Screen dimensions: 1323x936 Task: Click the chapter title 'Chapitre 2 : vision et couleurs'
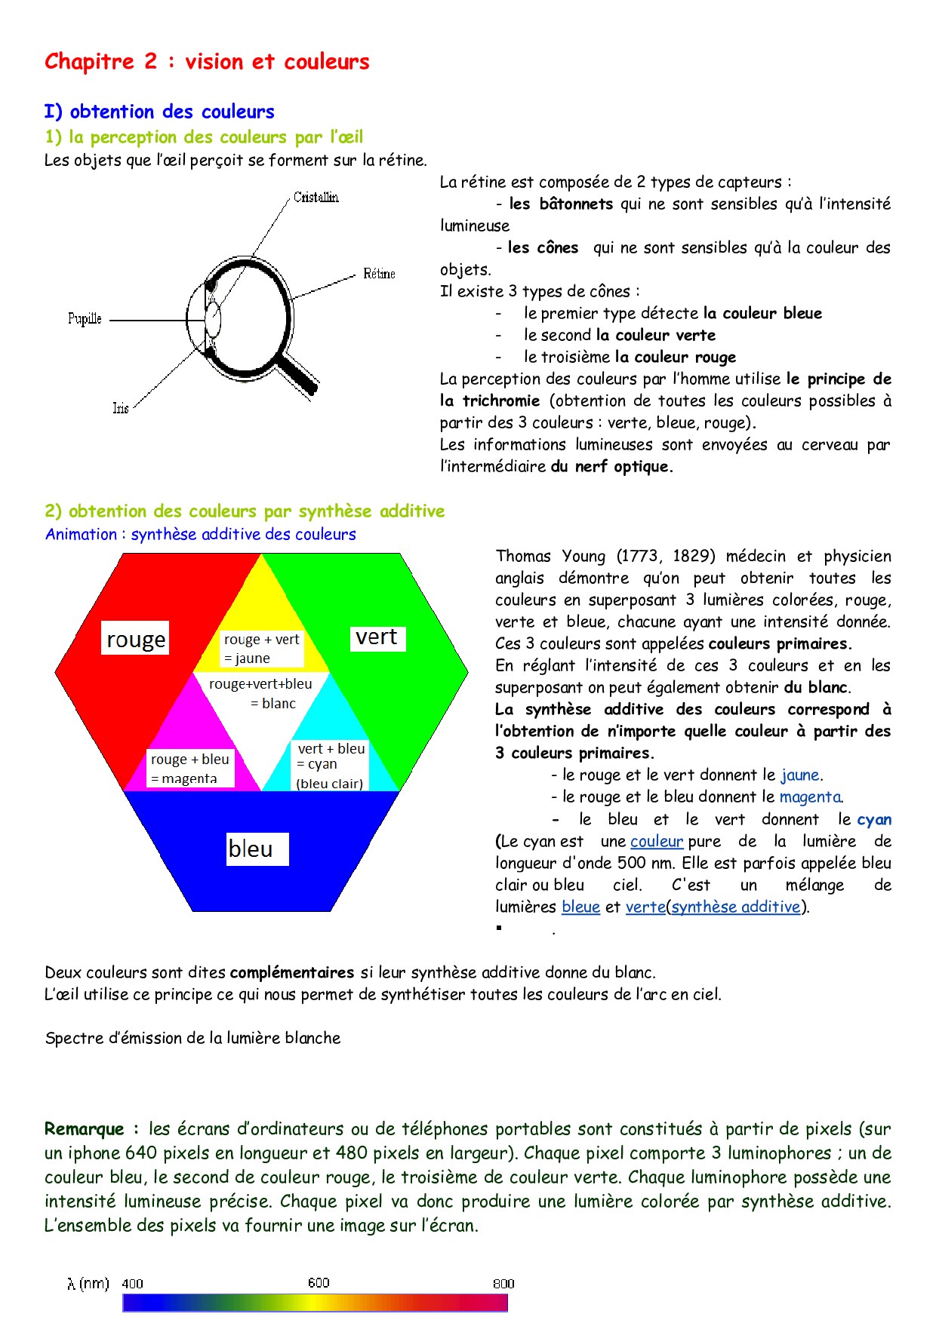[x=207, y=62]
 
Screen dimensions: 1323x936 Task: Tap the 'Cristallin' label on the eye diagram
[x=316, y=198]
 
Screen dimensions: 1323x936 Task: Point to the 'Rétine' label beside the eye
[x=379, y=274]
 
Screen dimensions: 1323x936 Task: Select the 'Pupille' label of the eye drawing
[x=85, y=319]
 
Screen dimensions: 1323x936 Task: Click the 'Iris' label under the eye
[x=121, y=408]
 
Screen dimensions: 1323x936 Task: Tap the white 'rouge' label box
[x=136, y=639]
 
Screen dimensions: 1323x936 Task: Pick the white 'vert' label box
[x=377, y=637]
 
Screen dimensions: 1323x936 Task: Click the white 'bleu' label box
[x=251, y=849]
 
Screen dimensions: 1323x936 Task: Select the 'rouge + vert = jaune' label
[x=261, y=649]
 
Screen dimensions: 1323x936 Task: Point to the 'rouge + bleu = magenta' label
[x=189, y=769]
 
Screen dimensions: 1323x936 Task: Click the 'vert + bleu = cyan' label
[x=331, y=765]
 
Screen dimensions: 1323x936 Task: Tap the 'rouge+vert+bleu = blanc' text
[x=261, y=693]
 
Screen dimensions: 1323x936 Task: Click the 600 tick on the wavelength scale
[x=319, y=1283]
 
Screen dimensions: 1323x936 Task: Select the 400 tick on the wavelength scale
[x=132, y=1284]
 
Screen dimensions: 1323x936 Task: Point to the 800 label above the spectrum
[x=503, y=1284]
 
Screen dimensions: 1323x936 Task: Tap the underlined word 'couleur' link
[x=657, y=841]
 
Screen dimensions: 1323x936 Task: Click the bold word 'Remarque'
[x=85, y=1129]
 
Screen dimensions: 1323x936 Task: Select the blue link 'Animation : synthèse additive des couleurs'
[x=201, y=535]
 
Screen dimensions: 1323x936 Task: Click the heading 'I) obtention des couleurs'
[x=159, y=112]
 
